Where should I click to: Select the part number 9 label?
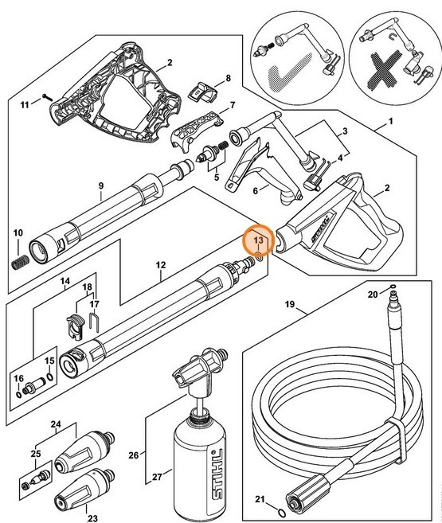click(100, 186)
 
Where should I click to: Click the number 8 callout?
click(228, 78)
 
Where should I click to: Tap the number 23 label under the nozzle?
click(92, 518)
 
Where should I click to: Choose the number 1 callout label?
click(391, 124)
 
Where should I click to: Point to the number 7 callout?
click(233, 105)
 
